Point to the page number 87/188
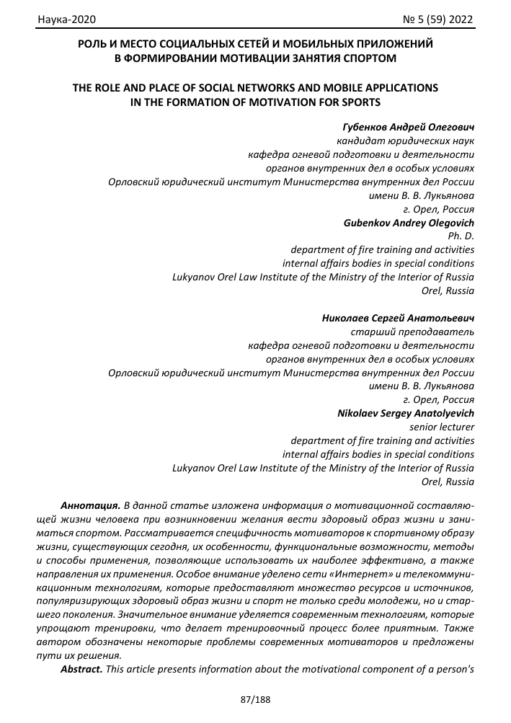255,699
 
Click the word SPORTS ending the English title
358,102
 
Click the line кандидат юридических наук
406,141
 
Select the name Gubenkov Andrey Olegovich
409,223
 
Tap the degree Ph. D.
462,236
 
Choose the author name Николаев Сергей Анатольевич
398,318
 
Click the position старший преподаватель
412,332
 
